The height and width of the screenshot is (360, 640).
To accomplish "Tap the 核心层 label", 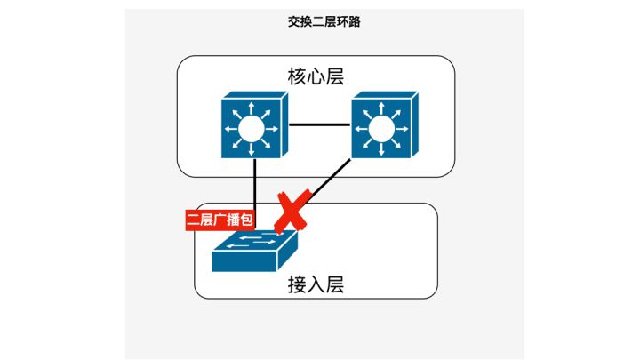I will (x=316, y=76).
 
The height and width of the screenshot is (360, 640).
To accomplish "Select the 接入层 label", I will (x=316, y=284).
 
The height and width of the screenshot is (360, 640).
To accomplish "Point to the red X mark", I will (x=292, y=212).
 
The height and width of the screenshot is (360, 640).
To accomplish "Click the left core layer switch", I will (x=252, y=127).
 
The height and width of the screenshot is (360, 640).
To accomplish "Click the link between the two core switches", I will (x=317, y=124).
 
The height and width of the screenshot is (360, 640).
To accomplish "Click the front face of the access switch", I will (x=244, y=263).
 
